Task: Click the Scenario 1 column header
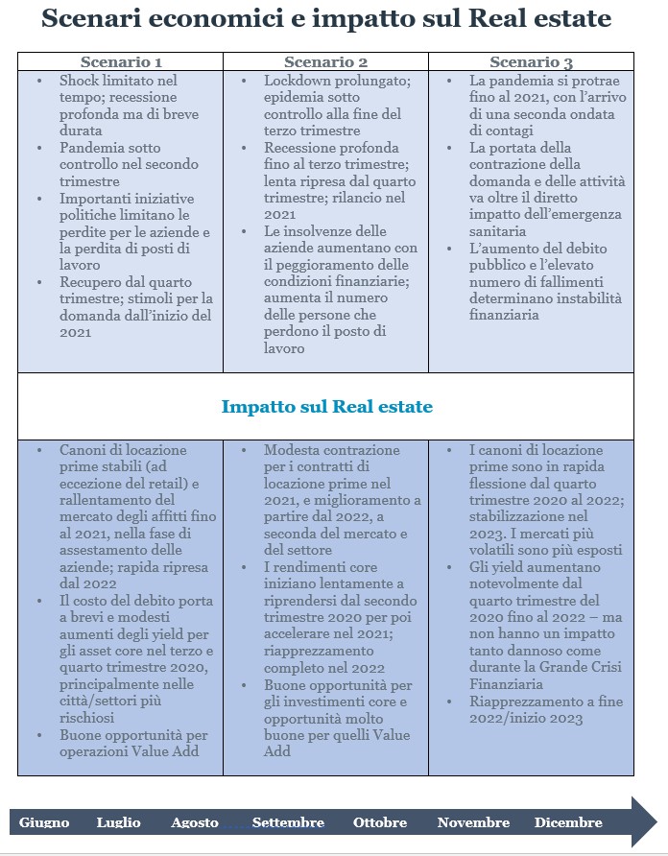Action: pyautogui.click(x=121, y=62)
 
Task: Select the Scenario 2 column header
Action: pyautogui.click(x=325, y=62)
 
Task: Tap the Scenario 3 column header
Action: pyautogui.click(x=531, y=62)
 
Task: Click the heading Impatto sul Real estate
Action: pyautogui.click(x=326, y=406)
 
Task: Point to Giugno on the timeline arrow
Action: pyautogui.click(x=44, y=822)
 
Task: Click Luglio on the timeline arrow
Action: pyautogui.click(x=118, y=822)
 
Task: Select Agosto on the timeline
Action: pyautogui.click(x=195, y=822)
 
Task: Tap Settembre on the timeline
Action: pyautogui.click(x=288, y=822)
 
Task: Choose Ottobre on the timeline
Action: pyautogui.click(x=380, y=822)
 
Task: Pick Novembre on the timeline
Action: pyautogui.click(x=473, y=822)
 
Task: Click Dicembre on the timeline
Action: pyautogui.click(x=568, y=822)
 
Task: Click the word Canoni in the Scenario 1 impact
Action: pyautogui.click(x=84, y=450)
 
